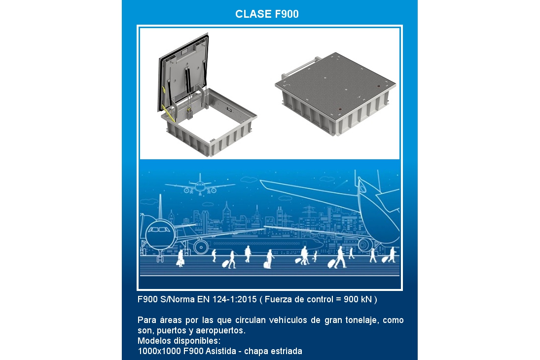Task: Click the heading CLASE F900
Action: [267, 14]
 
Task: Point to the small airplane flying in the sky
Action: [200, 186]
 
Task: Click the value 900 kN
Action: [358, 299]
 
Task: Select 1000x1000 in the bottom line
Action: [159, 351]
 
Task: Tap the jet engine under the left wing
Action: [201, 247]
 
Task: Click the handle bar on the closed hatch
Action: [300, 67]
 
